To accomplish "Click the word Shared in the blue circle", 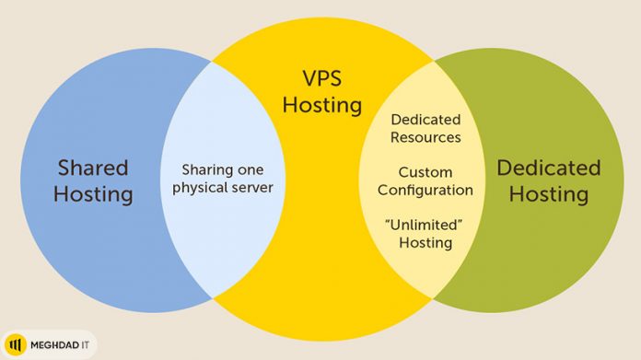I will [92, 168].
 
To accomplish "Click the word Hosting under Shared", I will [92, 195].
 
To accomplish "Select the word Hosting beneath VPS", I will [321, 105].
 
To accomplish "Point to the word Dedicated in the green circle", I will [548, 168].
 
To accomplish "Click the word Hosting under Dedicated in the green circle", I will [548, 194].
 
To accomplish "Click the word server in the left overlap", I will [251, 190].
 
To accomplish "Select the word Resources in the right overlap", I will [425, 138].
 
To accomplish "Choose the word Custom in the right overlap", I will [425, 172].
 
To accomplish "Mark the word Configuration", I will [425, 190].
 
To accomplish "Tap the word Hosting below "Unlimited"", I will [425, 243].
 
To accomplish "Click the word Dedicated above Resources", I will [425, 120].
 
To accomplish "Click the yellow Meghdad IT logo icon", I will [17, 345].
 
